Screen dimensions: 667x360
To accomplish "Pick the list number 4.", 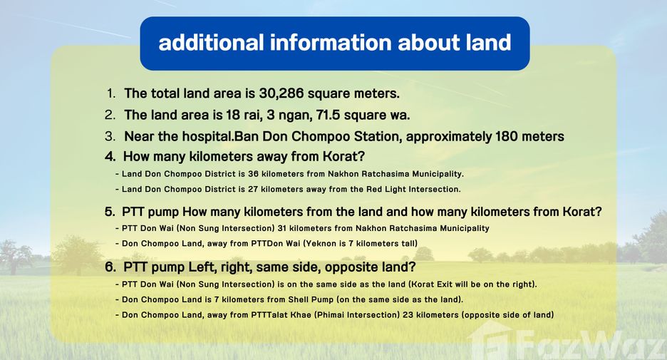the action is [x=110, y=157].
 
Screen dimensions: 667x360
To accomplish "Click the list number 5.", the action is [x=110, y=212].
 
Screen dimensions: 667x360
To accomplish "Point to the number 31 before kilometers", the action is [x=281, y=229].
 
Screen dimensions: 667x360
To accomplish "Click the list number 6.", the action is [x=110, y=267].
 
